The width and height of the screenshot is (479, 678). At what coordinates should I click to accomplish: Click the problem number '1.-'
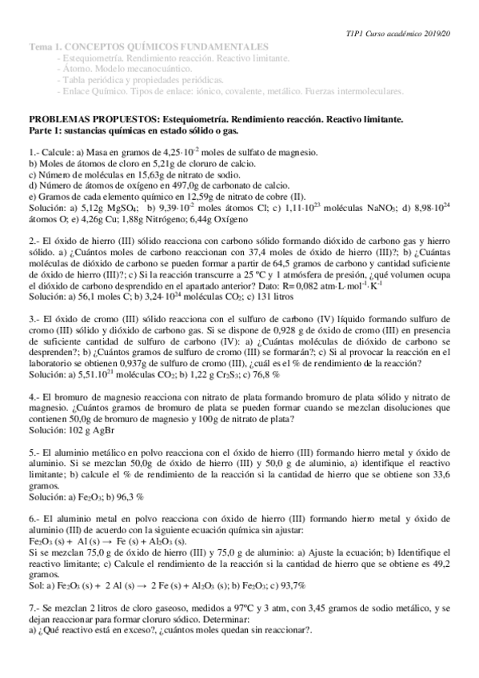click(x=35, y=152)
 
